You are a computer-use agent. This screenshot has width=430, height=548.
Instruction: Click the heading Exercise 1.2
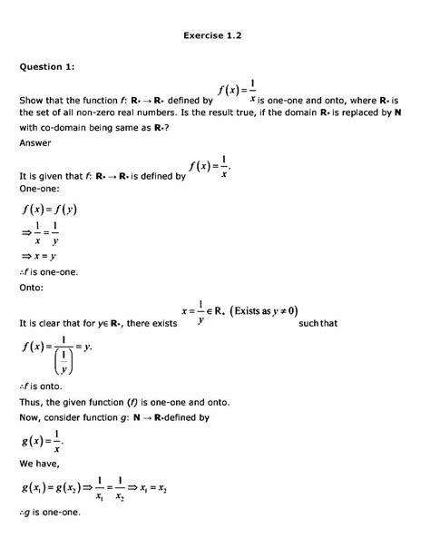point(214,36)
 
